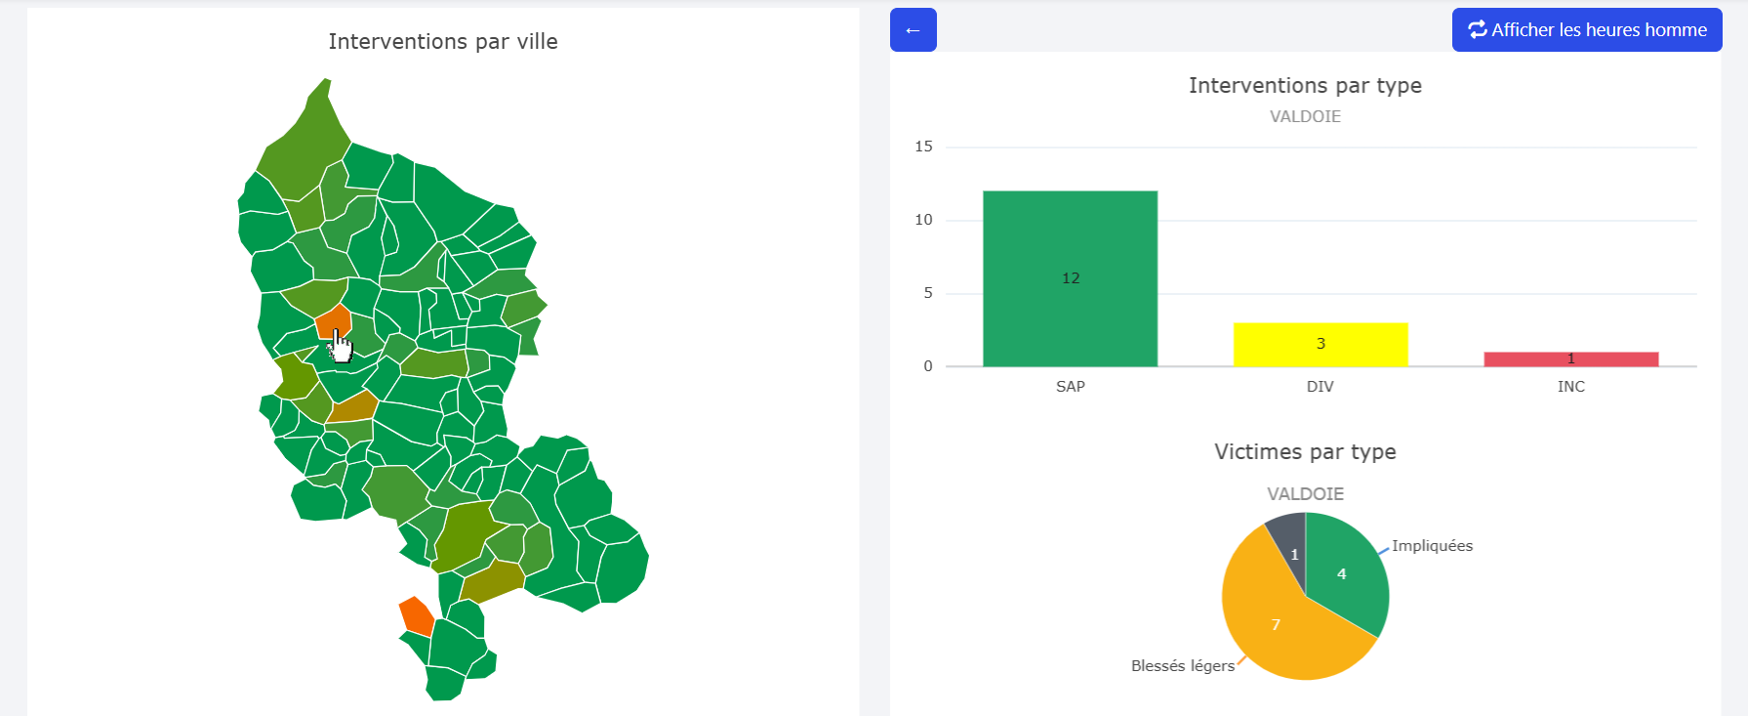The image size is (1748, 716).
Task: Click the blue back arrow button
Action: [913, 30]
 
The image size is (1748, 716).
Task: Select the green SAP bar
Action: [1070, 278]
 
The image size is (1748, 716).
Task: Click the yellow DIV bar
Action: [1320, 344]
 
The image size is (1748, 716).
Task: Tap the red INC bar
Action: [1570, 359]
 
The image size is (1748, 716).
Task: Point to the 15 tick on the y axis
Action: [923, 147]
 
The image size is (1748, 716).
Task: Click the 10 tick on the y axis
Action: [923, 220]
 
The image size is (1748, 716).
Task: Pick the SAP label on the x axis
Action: [1070, 387]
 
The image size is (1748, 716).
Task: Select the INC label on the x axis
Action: [1570, 387]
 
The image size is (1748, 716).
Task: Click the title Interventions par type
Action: [1304, 86]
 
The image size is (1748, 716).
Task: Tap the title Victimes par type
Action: [1304, 452]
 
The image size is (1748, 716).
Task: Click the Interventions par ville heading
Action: [443, 42]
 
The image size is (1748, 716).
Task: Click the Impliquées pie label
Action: [1432, 546]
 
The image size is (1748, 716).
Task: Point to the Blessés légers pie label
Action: [1182, 666]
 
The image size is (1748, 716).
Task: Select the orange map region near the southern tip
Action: [417, 615]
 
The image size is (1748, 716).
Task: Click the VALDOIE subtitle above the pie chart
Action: [1304, 494]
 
